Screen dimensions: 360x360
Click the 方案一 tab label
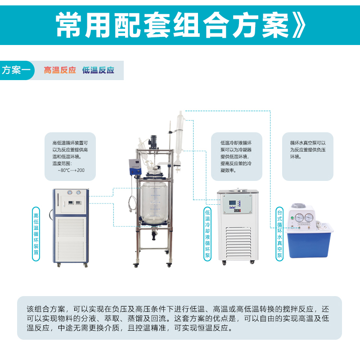[16, 70]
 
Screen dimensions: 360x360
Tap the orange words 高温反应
[60, 70]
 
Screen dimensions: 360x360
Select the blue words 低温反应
[98, 70]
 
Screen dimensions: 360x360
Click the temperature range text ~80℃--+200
[71, 171]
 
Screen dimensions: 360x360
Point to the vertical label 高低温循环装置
[36, 234]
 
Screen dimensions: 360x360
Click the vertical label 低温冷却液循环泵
[207, 234]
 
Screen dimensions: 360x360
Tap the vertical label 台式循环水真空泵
[279, 234]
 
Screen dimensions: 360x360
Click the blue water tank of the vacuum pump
[309, 244]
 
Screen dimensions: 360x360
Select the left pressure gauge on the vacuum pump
[299, 217]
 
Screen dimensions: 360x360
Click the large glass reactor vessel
[154, 203]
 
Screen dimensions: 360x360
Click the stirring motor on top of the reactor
[153, 141]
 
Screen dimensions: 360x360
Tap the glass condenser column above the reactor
[180, 138]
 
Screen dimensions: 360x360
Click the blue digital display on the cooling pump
[232, 203]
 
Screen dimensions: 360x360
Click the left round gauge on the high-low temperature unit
[70, 193]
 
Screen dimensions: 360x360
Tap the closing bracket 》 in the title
[299, 25]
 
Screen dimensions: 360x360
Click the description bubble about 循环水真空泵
[308, 156]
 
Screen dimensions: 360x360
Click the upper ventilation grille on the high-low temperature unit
[71, 228]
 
